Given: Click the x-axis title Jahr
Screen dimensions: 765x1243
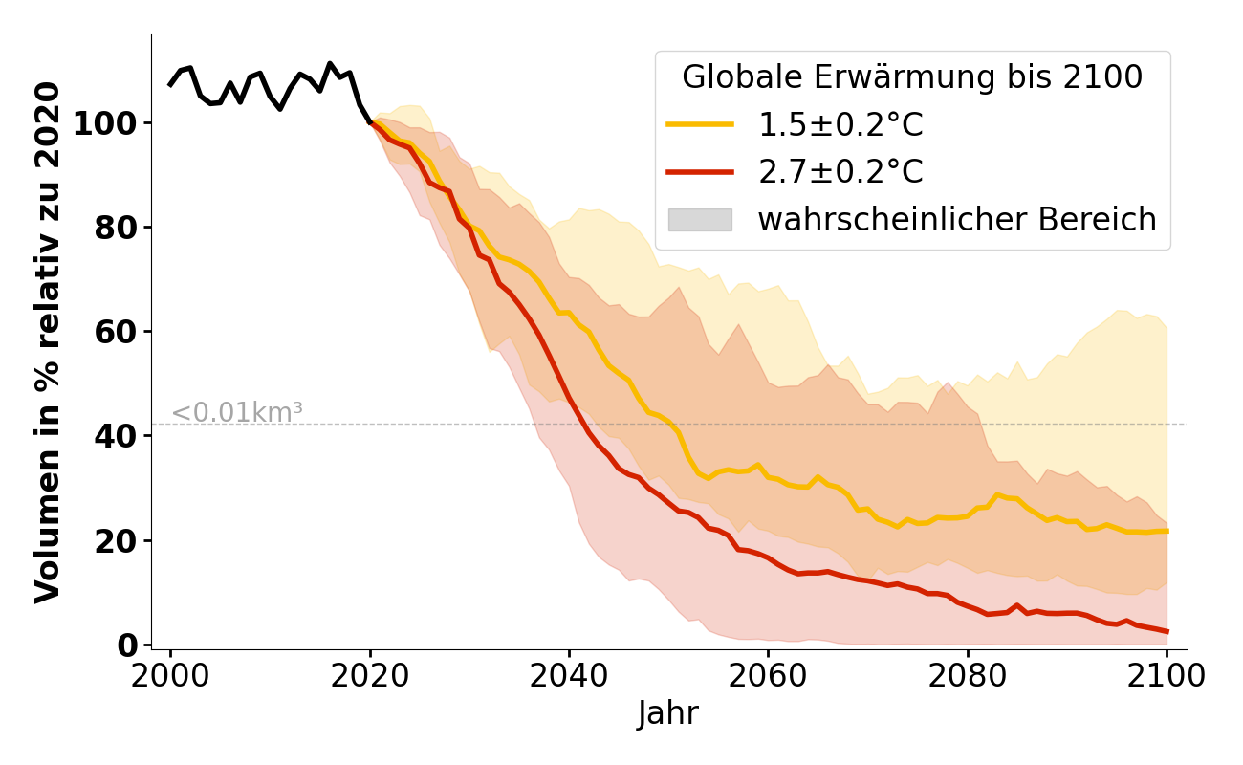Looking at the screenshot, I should pyautogui.click(x=668, y=713).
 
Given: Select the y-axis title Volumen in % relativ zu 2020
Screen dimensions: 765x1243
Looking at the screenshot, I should pyautogui.click(x=48, y=341).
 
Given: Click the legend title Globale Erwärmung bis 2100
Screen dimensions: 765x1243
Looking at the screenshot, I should pyautogui.click(x=912, y=77).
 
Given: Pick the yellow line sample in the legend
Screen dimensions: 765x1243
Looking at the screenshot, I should pyautogui.click(x=700, y=124).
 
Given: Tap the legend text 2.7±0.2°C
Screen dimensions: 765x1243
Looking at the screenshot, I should pyautogui.click(x=840, y=172).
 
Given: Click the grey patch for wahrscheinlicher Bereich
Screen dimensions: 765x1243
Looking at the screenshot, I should pyautogui.click(x=700, y=220).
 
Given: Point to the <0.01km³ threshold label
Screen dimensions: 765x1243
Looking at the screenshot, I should pyautogui.click(x=237, y=413).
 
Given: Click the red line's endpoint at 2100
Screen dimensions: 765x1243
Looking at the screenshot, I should pyautogui.click(x=1167, y=631).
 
